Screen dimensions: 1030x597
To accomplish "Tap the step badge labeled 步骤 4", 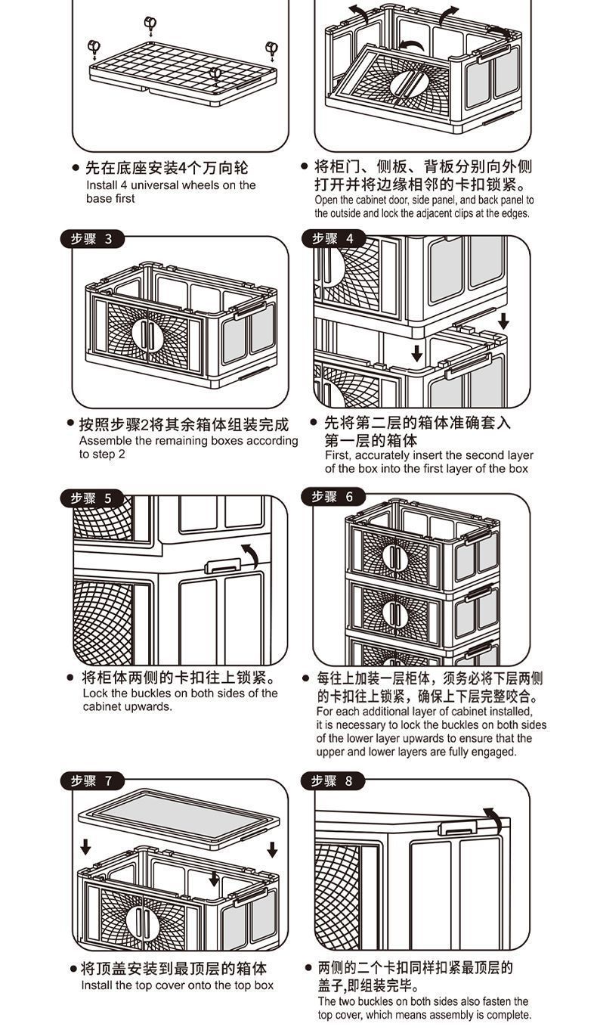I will point(333,239).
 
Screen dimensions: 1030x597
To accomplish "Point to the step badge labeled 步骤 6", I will point(333,497).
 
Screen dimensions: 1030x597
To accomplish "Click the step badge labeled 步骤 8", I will point(333,780).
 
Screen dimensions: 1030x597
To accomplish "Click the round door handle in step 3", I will point(147,333).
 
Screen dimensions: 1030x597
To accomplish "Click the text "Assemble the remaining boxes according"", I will point(188,441).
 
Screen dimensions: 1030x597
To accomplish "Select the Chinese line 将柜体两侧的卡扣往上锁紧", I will point(178,677).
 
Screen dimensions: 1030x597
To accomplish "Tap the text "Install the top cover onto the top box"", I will point(178,985).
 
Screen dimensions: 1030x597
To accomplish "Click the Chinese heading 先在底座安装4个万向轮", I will point(166,168).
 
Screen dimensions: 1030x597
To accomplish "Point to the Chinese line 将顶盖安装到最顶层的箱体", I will point(174,969).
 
